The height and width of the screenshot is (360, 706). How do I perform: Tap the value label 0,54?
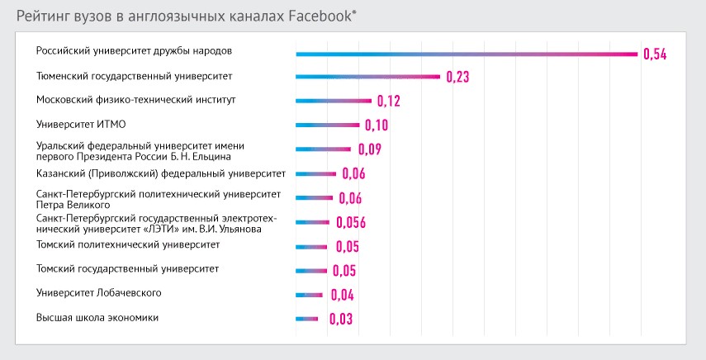point(654,54)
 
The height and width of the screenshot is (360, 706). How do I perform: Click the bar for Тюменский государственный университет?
point(367,78)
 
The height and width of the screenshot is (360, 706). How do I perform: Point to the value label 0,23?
point(457,78)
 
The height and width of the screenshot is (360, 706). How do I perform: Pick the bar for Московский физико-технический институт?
point(334,102)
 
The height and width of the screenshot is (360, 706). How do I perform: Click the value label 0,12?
point(388,102)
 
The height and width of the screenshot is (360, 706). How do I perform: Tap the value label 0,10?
point(376,126)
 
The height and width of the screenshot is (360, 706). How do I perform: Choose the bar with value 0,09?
point(323,149)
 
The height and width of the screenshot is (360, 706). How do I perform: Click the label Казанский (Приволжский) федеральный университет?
point(161,173)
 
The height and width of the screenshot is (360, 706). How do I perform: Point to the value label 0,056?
point(351,222)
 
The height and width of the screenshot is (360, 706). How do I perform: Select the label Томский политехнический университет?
point(127,245)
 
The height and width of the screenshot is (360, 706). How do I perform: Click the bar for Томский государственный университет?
point(311,270)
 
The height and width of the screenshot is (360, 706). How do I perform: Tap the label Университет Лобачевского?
point(98,293)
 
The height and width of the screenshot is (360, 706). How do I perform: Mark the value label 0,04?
point(342,295)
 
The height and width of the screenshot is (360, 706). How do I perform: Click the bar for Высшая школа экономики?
point(306,319)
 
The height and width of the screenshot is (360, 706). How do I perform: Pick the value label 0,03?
point(339,320)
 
